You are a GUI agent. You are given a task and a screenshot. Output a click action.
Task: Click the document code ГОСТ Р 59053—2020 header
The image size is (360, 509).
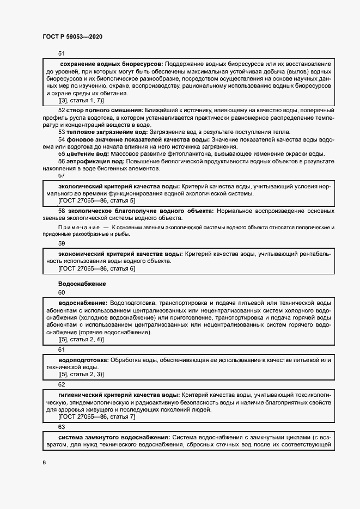[72, 37]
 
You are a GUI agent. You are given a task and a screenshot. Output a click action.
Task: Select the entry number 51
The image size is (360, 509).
[61, 53]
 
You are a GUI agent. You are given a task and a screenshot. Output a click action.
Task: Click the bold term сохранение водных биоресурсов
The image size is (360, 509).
[111, 65]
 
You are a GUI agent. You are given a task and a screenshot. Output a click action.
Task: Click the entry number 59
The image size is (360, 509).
[62, 243]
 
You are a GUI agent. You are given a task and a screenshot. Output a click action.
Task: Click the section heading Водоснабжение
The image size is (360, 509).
[82, 284]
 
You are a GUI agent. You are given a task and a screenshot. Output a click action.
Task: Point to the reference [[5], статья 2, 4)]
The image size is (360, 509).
[81, 340]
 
